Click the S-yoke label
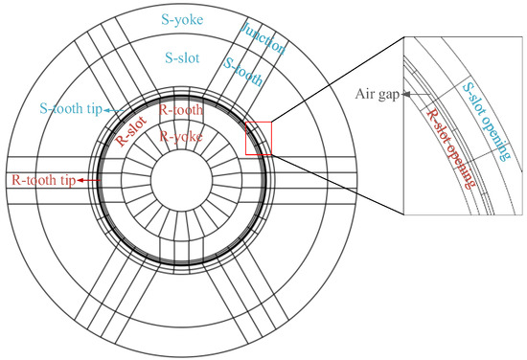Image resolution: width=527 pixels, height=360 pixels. tap(182, 20)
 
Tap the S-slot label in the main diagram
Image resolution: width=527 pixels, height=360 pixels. tap(182, 57)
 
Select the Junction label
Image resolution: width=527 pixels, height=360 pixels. tap(263, 39)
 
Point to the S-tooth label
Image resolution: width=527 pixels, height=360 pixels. tap(243, 72)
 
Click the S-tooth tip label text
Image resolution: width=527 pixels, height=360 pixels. tap(71, 109)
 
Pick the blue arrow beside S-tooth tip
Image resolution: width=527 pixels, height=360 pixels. tap(114, 110)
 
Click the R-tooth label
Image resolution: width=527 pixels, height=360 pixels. tap(181, 110)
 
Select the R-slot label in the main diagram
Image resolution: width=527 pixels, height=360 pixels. tap(131, 131)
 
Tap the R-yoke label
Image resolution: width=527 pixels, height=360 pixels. tap(181, 136)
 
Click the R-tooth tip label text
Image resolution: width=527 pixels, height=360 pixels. tap(44, 180)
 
